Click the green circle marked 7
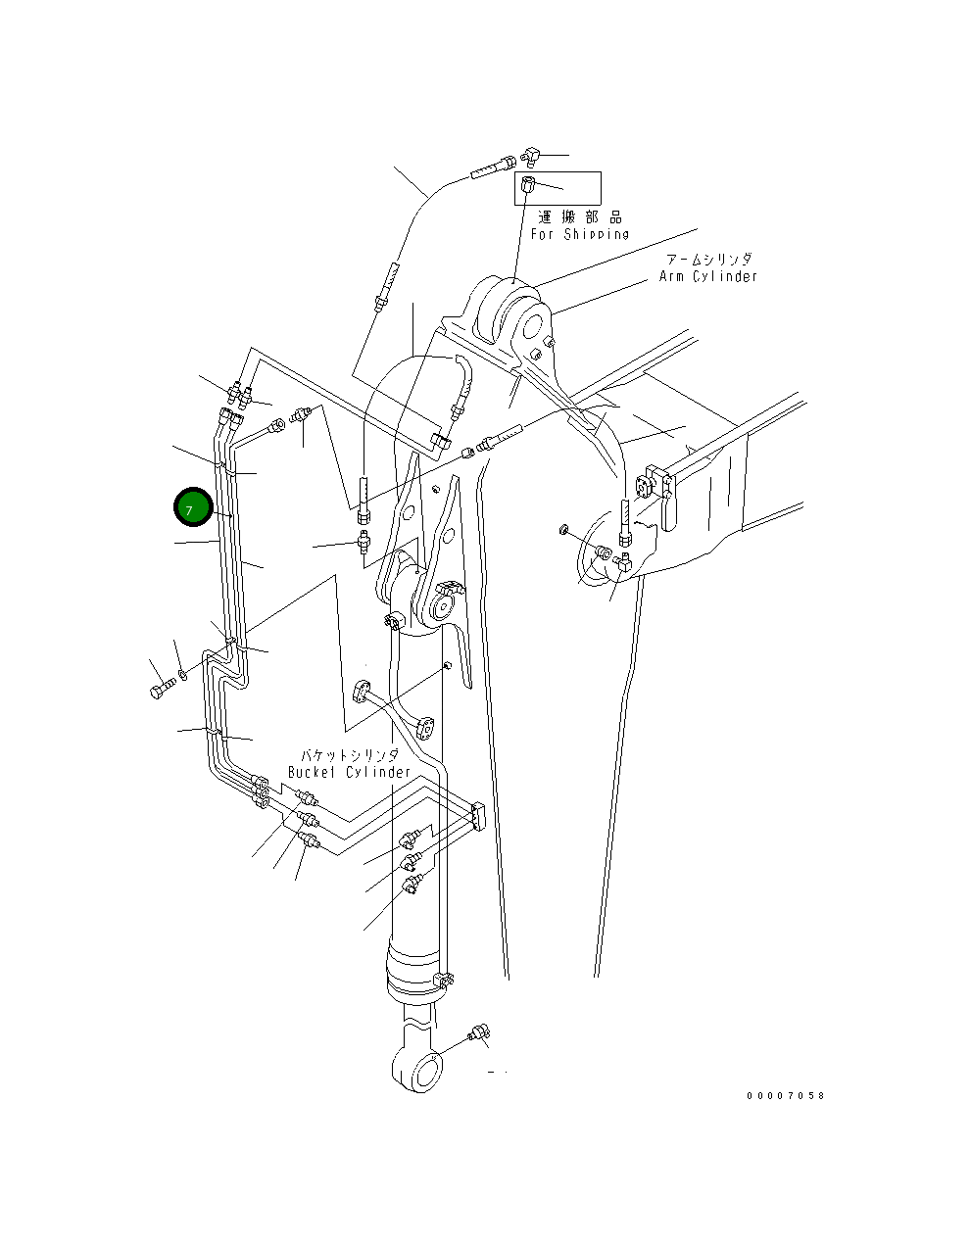coord(193,507)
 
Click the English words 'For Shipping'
coord(580,234)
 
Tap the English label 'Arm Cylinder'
coord(708,277)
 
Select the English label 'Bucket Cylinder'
coord(350,772)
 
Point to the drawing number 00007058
coord(785,1095)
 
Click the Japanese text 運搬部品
coord(580,217)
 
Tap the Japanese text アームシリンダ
coord(708,260)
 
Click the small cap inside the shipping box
coord(529,184)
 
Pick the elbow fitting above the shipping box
coord(530,155)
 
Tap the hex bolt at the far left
coord(160,691)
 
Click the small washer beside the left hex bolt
coord(182,675)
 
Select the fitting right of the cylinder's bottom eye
coord(480,1032)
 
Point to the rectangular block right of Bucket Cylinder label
coord(478,815)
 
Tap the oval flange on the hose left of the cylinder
coord(360,693)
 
